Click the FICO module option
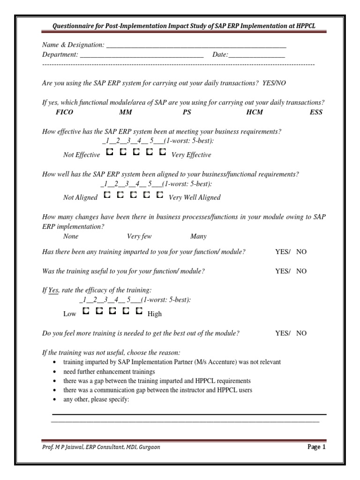point(64,112)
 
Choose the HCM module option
point(255,112)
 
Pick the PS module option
point(187,112)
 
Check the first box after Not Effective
point(109,152)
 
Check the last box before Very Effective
point(163,152)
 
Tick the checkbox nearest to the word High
point(139,311)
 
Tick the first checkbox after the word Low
point(86,311)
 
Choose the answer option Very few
point(139,236)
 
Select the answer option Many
point(198,236)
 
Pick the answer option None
point(71,236)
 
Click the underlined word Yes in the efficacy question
point(53,290)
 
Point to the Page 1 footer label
point(316,447)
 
